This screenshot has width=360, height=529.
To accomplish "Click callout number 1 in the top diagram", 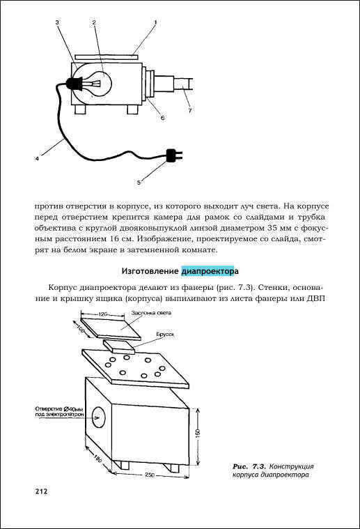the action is click(x=155, y=22).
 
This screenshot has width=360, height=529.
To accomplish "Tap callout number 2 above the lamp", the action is click(x=94, y=22).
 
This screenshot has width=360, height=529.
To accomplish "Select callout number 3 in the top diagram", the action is click(x=57, y=22).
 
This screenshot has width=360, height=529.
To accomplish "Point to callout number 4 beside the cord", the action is click(x=37, y=158).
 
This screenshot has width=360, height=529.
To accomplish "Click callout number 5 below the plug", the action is click(x=139, y=183).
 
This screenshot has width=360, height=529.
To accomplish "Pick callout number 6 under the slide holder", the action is click(x=162, y=118).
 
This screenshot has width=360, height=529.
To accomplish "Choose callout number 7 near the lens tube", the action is click(x=190, y=110).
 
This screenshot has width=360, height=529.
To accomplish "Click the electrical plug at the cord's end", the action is click(x=174, y=155).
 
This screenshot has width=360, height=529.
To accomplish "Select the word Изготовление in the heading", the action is click(x=150, y=271).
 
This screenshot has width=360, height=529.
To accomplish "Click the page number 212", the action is click(x=41, y=491).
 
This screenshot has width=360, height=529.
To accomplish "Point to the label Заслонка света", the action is click(x=151, y=313).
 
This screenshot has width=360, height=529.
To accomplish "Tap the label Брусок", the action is click(x=165, y=335).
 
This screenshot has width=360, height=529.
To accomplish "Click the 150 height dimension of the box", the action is click(x=198, y=432).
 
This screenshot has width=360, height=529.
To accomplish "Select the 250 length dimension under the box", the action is click(x=150, y=475).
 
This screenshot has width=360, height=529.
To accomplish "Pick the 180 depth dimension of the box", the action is click(x=97, y=459).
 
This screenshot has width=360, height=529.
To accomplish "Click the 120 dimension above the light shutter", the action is click(x=103, y=314).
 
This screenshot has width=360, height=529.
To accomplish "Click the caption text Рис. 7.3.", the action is click(x=249, y=466).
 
